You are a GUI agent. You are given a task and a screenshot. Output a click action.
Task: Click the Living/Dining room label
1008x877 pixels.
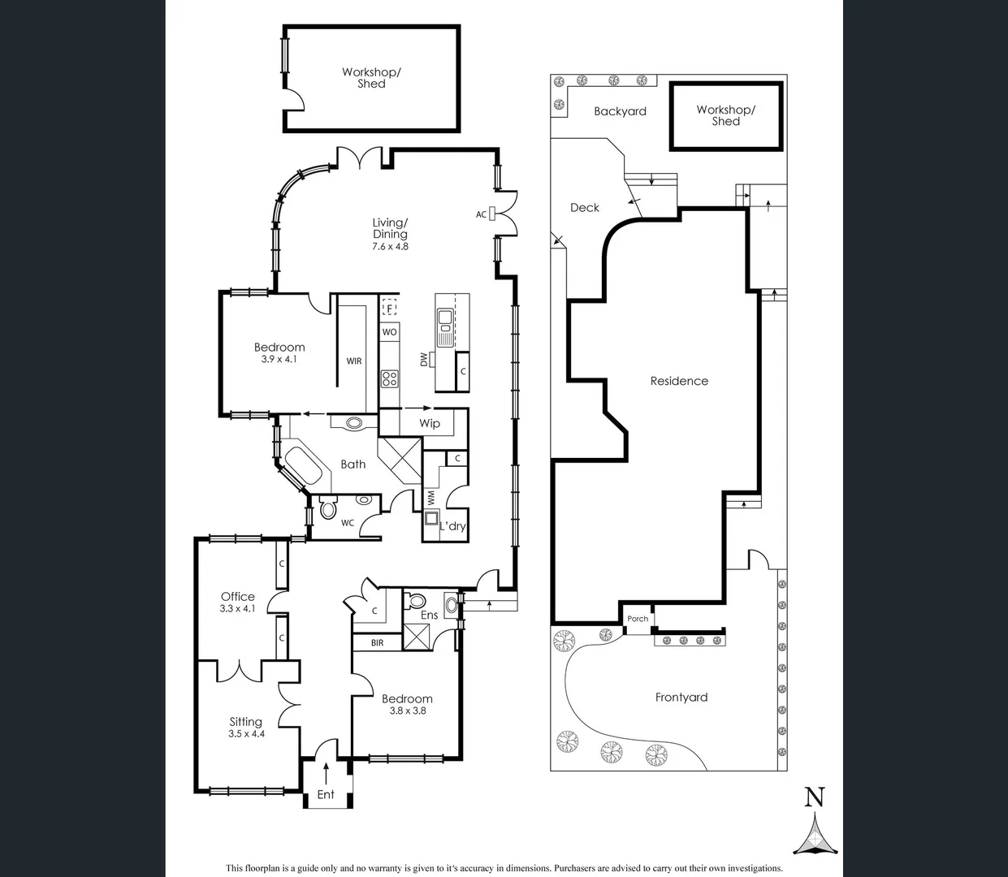click(390, 228)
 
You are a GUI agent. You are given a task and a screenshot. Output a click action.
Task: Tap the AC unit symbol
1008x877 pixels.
click(491, 214)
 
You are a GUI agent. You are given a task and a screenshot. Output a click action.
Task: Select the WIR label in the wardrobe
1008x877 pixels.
click(354, 361)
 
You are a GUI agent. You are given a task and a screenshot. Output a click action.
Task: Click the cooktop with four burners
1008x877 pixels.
click(390, 378)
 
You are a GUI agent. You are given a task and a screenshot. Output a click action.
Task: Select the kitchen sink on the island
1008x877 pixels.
click(445, 327)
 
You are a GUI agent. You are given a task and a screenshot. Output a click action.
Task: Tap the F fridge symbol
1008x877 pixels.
click(390, 309)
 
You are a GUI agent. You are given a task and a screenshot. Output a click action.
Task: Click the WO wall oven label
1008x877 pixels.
click(390, 332)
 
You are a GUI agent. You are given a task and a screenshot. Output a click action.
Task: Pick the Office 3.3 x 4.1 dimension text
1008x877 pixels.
click(237, 608)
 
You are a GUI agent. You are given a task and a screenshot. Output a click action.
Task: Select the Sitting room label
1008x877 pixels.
click(245, 721)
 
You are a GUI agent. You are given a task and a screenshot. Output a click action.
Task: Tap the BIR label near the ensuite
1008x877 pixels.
click(377, 643)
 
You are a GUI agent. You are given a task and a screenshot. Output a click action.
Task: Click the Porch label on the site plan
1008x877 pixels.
click(638, 619)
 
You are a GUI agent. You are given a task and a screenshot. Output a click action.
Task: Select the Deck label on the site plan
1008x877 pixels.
click(585, 208)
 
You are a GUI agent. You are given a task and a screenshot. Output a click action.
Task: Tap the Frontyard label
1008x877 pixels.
click(681, 697)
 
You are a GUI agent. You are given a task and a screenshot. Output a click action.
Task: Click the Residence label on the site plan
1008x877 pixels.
click(679, 381)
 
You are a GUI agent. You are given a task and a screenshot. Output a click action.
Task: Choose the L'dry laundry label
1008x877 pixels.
click(452, 526)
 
